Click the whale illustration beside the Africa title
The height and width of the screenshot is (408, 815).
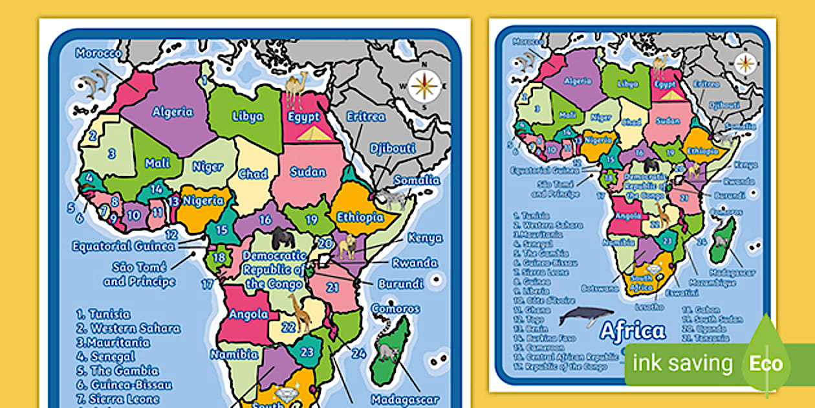pyautogui.click(x=585, y=316)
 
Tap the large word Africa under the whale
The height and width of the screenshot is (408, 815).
pyautogui.click(x=632, y=332)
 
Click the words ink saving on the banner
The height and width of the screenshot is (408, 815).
pyautogui.click(x=682, y=363)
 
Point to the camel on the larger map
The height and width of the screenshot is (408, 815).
pyautogui.click(x=297, y=90)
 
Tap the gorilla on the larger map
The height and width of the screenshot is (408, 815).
pyautogui.click(x=283, y=238)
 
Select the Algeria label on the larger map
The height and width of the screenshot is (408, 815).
pyautogui.click(x=173, y=111)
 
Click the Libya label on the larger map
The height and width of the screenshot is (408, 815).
pyautogui.click(x=248, y=116)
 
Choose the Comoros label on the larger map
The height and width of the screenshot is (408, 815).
pyautogui.click(x=395, y=309)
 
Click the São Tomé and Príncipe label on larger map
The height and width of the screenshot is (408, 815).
pyautogui.click(x=139, y=274)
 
